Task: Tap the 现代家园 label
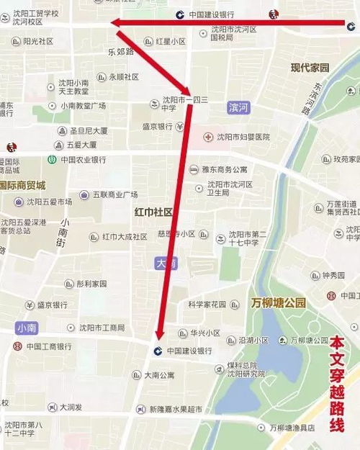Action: [x=310, y=68]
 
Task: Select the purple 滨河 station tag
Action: [x=237, y=107]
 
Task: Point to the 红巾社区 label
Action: [x=153, y=212]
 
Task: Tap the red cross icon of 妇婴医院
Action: [x=208, y=137]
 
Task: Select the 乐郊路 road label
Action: [x=120, y=52]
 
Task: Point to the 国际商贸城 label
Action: [x=22, y=184]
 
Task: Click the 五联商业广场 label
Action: [x=114, y=194]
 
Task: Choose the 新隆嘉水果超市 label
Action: [x=175, y=409]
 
